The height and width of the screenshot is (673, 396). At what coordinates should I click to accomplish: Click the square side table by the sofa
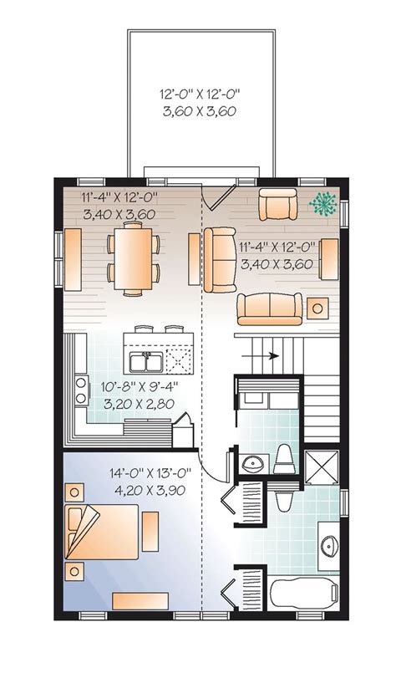click(318, 308)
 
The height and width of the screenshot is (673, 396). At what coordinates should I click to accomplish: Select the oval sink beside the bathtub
click(327, 538)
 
